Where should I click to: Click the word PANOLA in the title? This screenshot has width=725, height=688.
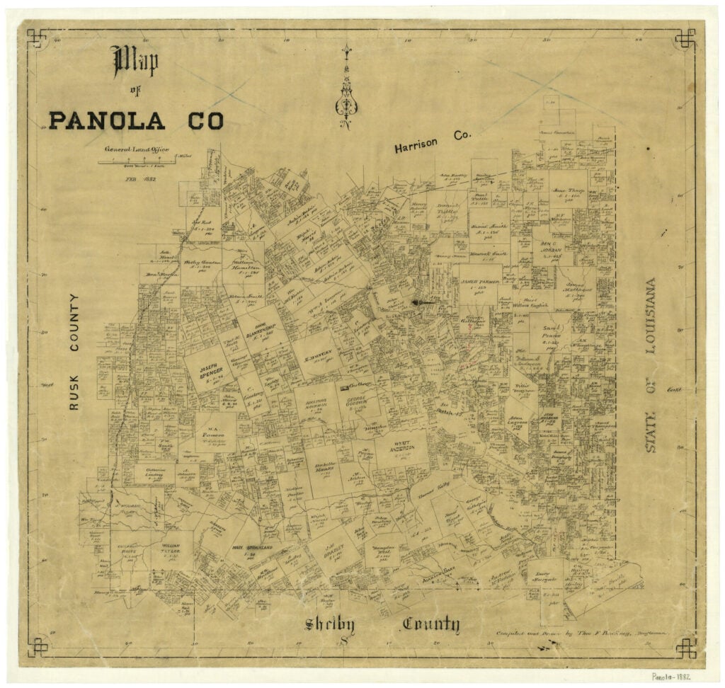click(x=106, y=120)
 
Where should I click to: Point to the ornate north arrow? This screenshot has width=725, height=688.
click(x=346, y=88)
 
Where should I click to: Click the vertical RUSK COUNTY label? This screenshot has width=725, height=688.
click(x=75, y=352)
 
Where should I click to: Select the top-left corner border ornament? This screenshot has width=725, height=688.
click(x=38, y=38)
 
